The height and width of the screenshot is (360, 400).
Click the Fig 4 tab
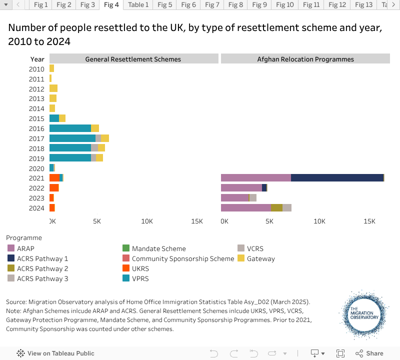coord(111,5)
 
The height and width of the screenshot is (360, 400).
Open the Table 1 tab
coord(138,5)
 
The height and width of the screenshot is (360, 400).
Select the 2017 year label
coord(36,138)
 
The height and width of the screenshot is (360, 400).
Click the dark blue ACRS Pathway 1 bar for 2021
coord(337,177)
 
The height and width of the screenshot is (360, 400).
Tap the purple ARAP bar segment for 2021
coord(255,177)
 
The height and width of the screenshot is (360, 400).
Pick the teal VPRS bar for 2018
coord(70,148)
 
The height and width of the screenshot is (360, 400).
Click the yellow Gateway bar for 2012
coord(53,88)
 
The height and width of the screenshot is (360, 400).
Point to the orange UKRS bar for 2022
coord(54,187)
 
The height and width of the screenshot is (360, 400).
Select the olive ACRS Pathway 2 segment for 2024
coord(276,207)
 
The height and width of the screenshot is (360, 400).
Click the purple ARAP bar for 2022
coord(241,187)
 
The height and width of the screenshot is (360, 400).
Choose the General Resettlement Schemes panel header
coord(133,59)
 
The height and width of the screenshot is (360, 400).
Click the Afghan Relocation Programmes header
coord(305,59)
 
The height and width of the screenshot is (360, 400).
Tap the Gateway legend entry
coord(260,258)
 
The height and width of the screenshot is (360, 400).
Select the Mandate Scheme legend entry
coord(158,248)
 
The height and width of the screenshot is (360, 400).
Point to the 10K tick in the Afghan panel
coord(319,221)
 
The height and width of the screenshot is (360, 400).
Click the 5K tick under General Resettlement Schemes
coord(97,221)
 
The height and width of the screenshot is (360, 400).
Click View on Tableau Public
coord(60,353)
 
